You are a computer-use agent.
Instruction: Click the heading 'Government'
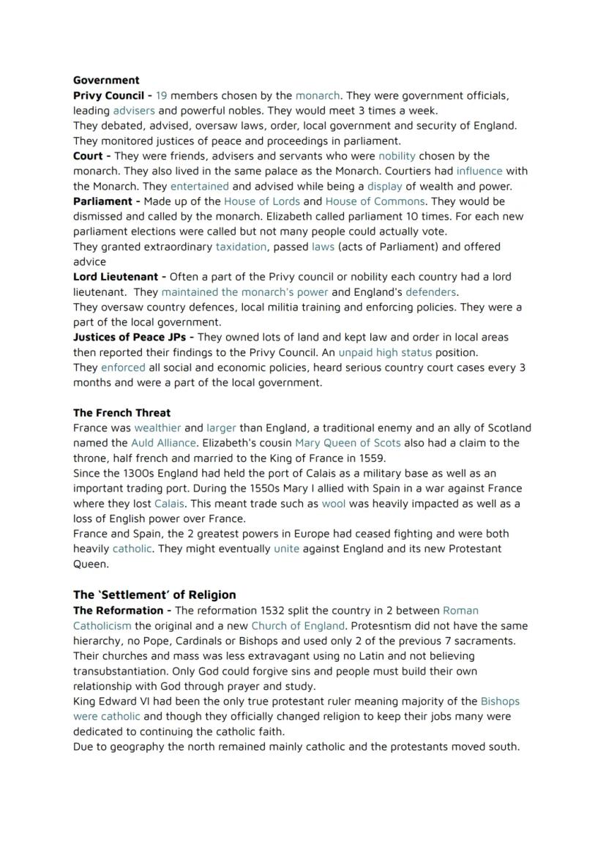[106, 81]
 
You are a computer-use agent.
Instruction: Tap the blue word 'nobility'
[397, 156]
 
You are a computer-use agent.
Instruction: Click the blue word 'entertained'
[199, 186]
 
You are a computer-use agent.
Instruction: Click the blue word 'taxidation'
[241, 247]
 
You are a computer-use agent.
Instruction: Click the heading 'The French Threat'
[121, 413]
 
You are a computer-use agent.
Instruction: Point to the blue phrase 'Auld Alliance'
[163, 443]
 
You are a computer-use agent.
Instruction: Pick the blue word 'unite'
[286, 549]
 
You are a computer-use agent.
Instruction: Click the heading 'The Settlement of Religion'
[154, 595]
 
